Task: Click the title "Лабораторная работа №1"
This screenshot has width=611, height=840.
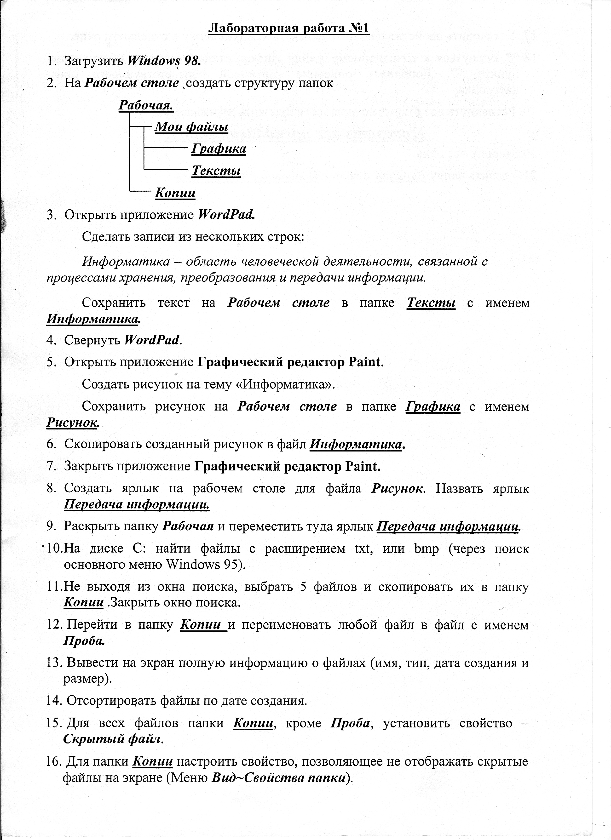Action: point(289,28)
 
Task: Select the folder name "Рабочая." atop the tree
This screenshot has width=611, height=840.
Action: point(146,106)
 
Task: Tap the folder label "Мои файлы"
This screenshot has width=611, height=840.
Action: point(191,127)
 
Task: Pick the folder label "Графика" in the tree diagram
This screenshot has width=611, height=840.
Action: point(219,149)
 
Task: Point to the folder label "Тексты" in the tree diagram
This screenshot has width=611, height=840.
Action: point(216,171)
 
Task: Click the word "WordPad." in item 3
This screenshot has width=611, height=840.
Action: point(227,215)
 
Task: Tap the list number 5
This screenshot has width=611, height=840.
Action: point(51,362)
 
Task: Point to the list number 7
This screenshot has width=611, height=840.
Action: point(51,466)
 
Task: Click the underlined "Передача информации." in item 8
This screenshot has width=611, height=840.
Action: point(137,505)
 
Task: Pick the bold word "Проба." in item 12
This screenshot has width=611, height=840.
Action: point(84,641)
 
